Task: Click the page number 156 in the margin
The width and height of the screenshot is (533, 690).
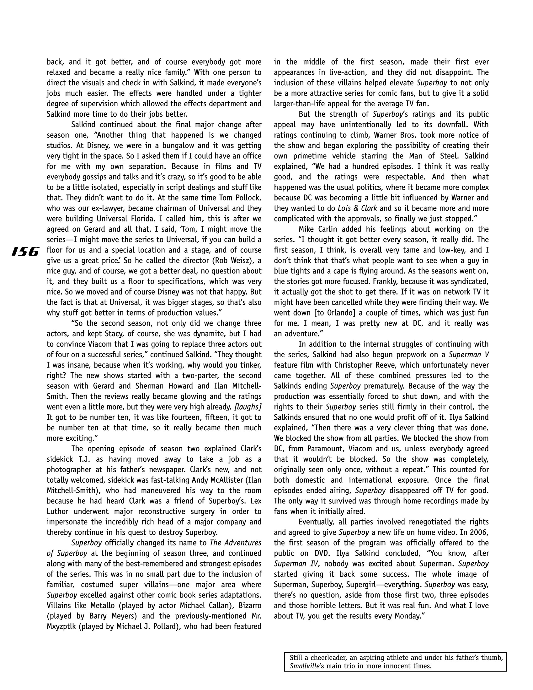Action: (x=25, y=252)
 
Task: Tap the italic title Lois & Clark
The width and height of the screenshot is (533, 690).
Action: (x=357, y=208)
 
